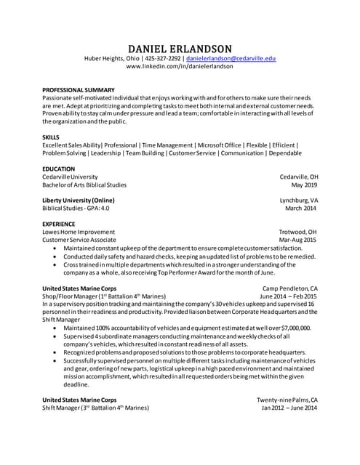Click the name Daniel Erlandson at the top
coord(180,48)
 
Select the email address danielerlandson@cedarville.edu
coord(231,58)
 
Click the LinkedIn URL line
coord(180,66)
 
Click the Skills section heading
coord(51,137)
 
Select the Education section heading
coord(58,169)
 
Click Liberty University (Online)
coord(78,200)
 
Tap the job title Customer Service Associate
coord(79,239)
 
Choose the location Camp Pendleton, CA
coord(289,288)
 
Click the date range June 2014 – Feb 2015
coord(288,296)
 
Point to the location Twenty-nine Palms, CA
coord(287,400)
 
